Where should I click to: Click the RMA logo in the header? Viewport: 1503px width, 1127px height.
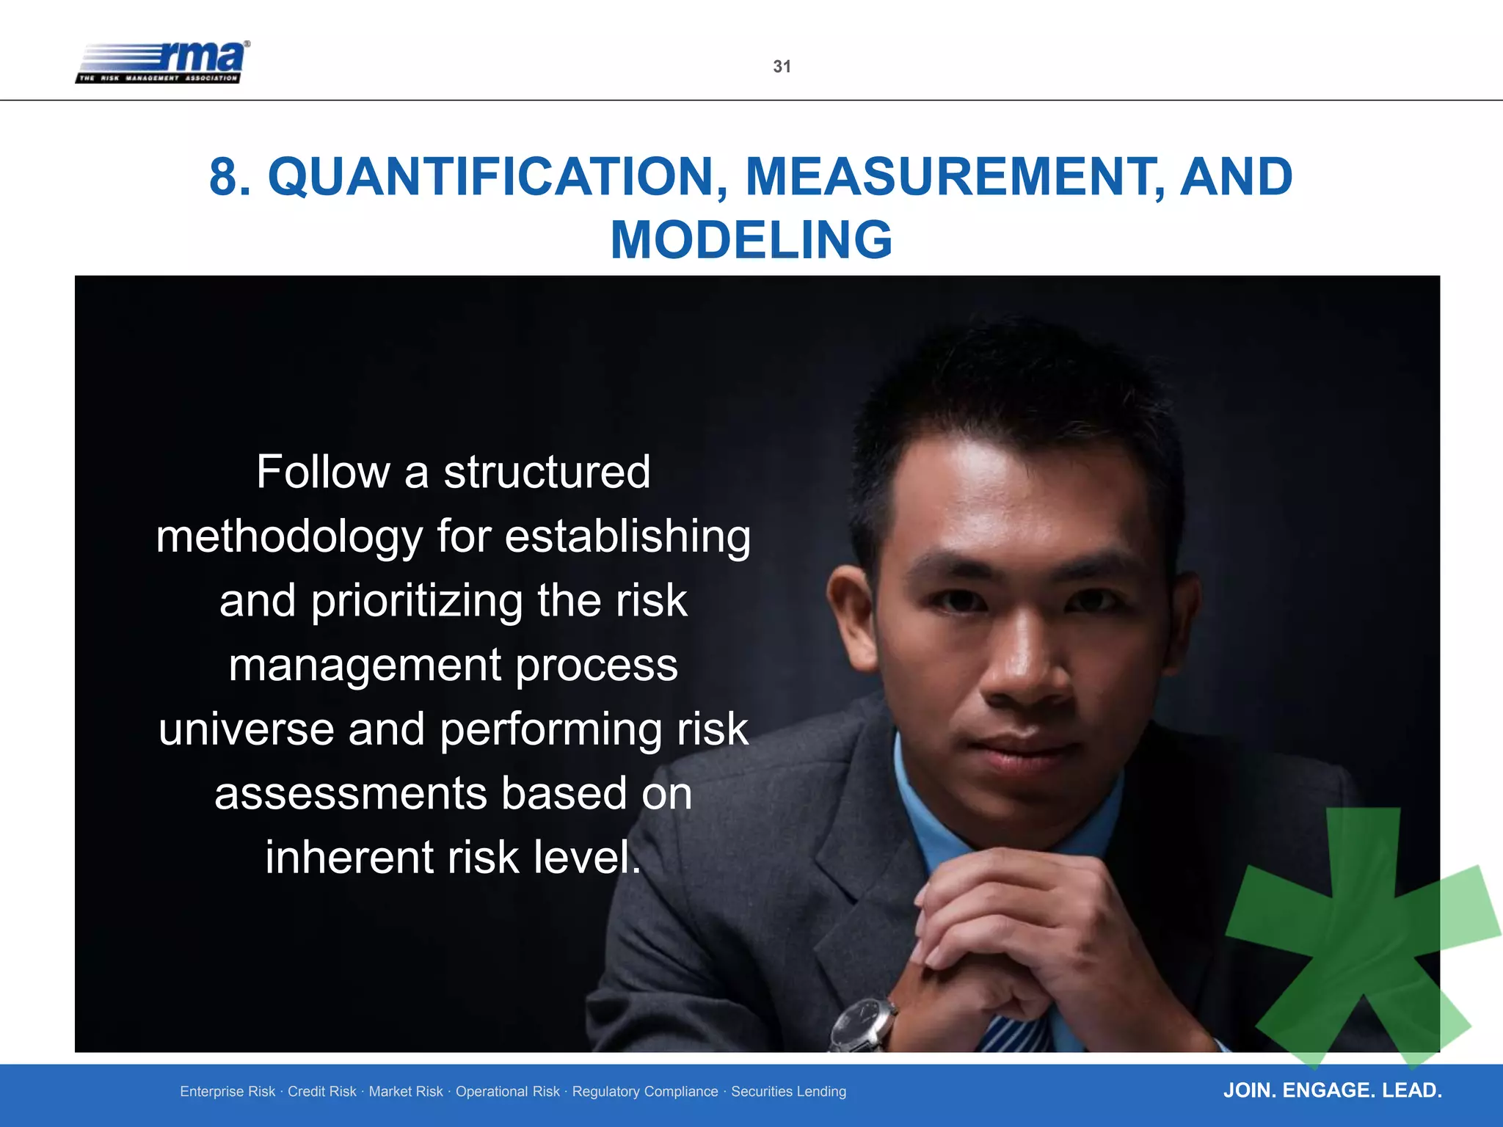(x=162, y=62)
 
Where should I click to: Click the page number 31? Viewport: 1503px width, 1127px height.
(x=782, y=67)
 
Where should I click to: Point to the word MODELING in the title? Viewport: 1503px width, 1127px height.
(x=751, y=240)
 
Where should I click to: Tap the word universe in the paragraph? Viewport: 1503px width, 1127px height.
(x=246, y=729)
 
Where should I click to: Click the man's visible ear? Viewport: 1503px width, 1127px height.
(x=851, y=616)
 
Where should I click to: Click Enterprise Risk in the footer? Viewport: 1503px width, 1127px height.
(x=228, y=1092)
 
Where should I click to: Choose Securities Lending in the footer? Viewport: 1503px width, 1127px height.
(x=788, y=1092)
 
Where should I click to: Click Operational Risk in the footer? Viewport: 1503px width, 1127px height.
(x=507, y=1092)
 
